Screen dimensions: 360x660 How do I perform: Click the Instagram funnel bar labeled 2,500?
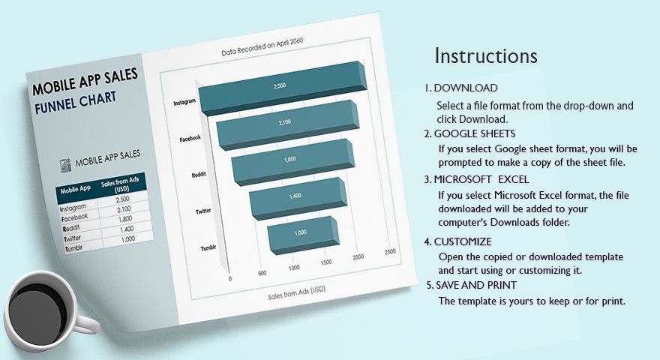pyautogui.click(x=280, y=88)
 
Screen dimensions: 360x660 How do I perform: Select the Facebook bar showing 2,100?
pyautogui.click(x=286, y=123)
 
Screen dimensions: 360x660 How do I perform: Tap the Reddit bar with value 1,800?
pyautogui.click(x=290, y=160)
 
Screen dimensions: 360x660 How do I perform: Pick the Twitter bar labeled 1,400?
pyautogui.click(x=295, y=196)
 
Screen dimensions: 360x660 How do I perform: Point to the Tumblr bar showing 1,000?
pyautogui.click(x=301, y=233)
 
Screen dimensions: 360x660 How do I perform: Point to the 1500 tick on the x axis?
pyautogui.click(x=326, y=262)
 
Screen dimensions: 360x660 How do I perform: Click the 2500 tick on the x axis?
pyautogui.click(x=390, y=253)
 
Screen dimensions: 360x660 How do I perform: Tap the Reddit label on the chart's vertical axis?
pyautogui.click(x=199, y=175)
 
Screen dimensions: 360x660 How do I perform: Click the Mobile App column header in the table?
pyautogui.click(x=76, y=189)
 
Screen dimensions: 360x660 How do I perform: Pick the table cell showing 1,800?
pyautogui.click(x=124, y=220)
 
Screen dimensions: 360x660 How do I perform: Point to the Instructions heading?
pyautogui.click(x=486, y=56)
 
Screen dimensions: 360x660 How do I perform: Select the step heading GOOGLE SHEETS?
pyautogui.click(x=474, y=133)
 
